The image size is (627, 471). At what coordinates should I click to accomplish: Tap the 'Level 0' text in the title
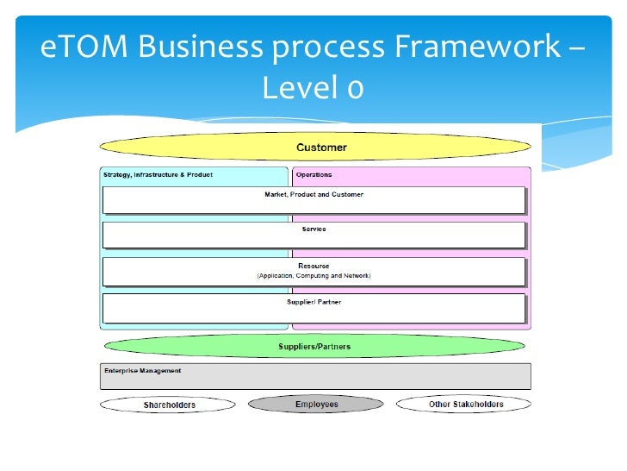313,86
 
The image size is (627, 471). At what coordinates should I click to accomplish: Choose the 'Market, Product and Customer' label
313,194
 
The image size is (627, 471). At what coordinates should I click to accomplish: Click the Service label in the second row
313,229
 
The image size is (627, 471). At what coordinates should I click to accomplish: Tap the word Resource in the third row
313,266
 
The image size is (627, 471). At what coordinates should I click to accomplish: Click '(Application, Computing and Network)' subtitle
313,276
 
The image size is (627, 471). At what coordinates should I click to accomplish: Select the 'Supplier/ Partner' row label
313,302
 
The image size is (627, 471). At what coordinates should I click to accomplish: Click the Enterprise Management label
142,371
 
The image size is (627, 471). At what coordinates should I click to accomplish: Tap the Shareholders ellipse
168,404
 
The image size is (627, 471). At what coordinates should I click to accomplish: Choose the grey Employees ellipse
316,404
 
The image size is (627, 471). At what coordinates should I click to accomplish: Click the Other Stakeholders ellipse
466,404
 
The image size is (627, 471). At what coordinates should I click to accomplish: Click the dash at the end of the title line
575,47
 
